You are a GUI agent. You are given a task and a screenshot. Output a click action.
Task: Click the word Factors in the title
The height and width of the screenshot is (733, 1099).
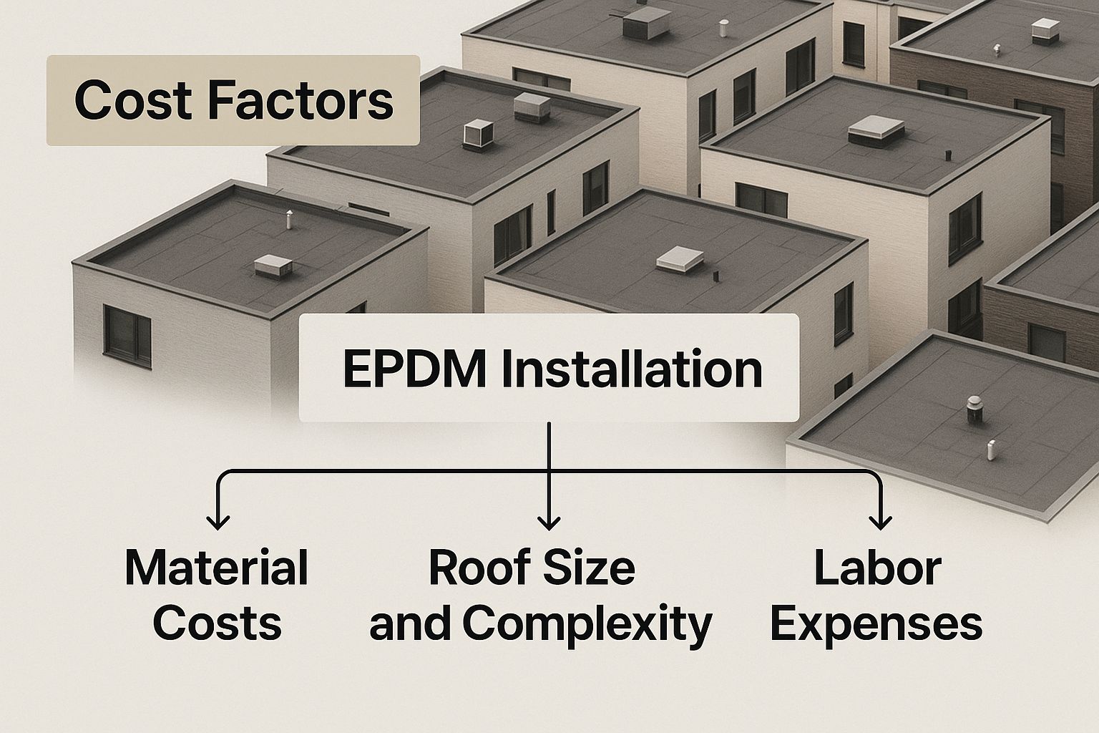(x=301, y=101)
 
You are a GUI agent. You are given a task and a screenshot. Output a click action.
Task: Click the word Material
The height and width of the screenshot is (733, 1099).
(x=216, y=568)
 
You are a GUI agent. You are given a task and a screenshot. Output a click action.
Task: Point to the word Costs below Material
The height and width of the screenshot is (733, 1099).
(x=216, y=623)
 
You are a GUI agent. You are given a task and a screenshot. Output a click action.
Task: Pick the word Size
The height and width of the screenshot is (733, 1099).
(x=591, y=568)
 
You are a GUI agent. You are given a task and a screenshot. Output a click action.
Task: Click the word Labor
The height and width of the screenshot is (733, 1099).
(x=877, y=568)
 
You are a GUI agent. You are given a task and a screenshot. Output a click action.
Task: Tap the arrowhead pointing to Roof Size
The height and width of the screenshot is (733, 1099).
(x=548, y=523)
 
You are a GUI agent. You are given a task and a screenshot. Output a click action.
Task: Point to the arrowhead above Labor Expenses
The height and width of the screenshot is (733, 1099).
(x=879, y=523)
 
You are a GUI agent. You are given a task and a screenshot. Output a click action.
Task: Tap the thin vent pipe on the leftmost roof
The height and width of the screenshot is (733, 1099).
(x=289, y=220)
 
